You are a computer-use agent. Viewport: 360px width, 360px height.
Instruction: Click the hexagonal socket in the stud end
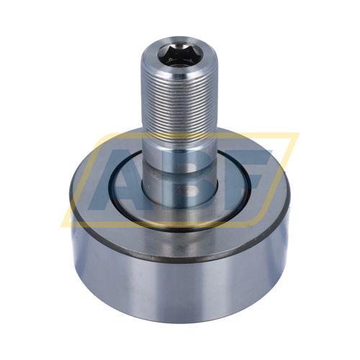click(179, 56)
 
